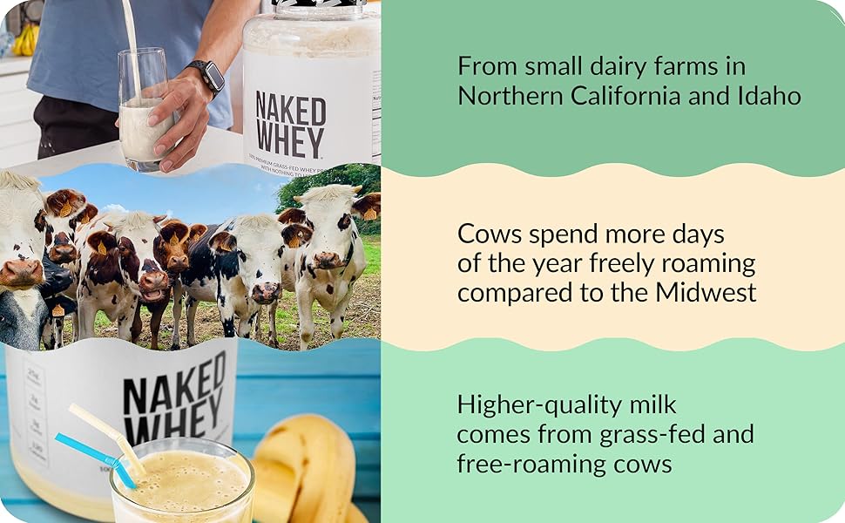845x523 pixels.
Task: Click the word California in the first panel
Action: click(x=625, y=95)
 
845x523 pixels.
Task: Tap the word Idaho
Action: click(x=764, y=95)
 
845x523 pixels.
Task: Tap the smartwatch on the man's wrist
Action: click(x=209, y=76)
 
